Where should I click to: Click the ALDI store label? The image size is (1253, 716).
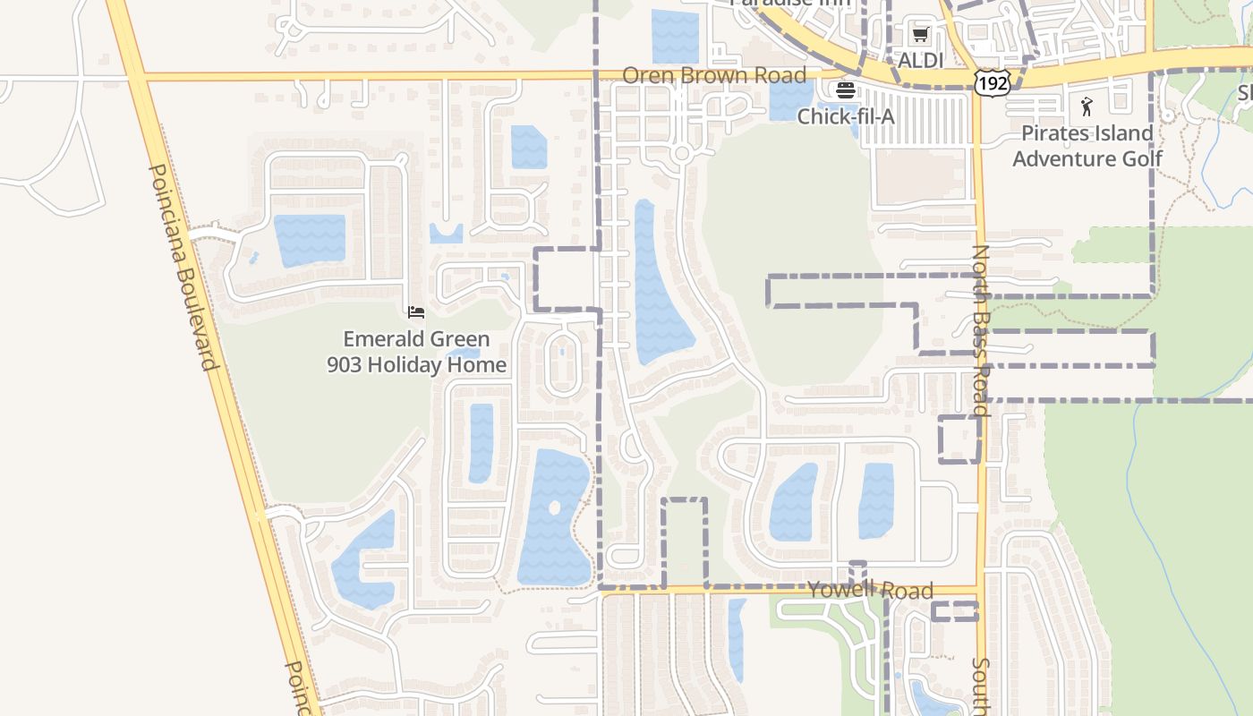pos(920,60)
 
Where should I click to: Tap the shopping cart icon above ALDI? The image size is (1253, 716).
pos(920,35)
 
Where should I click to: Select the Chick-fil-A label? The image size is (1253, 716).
pos(846,116)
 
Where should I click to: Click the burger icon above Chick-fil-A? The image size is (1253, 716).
pos(846,90)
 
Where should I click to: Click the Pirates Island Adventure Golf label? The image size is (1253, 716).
pos(1087,146)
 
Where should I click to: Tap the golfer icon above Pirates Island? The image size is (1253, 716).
pos(1087,107)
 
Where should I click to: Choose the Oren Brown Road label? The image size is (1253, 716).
pos(714,75)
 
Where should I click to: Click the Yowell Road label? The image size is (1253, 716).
pos(870,590)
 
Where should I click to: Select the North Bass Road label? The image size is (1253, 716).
pos(981,331)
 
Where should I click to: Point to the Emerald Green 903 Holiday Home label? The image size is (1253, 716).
pos(417,352)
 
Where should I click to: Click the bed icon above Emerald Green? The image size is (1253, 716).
pos(416,312)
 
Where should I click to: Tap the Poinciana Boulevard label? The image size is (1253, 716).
pos(183,267)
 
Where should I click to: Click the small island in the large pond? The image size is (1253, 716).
pos(554,507)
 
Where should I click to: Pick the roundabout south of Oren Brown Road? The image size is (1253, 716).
pos(682,154)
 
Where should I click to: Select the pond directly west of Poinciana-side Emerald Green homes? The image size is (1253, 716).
pos(310,240)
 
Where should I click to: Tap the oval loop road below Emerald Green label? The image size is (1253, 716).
pos(562,363)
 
